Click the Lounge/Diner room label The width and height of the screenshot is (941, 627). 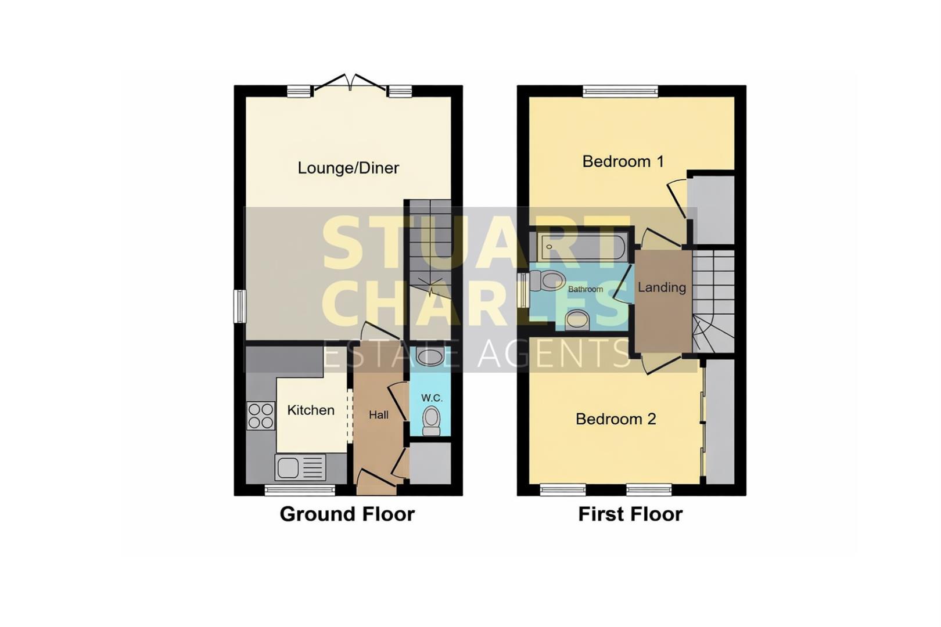[x=348, y=168]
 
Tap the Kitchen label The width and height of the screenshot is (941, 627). [x=311, y=410]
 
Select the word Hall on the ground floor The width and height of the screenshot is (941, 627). [x=379, y=415]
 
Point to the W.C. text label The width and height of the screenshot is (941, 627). [x=432, y=398]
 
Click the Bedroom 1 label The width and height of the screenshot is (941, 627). [x=623, y=161]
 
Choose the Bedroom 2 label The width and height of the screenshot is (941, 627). [x=616, y=419]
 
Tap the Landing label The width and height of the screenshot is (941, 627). [x=662, y=287]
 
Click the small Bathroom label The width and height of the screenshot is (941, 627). [x=585, y=289]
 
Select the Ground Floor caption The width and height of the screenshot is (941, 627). [x=347, y=514]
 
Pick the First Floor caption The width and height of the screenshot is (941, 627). [x=630, y=514]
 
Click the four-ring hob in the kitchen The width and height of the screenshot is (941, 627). [x=261, y=416]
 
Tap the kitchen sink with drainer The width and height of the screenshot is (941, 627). [x=300, y=467]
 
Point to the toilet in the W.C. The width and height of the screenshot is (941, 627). [x=431, y=420]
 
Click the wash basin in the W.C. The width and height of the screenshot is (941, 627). [x=430, y=356]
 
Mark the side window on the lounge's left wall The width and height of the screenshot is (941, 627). [x=239, y=306]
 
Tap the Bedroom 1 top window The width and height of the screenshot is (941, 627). [x=620, y=91]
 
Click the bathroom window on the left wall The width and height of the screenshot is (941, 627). [x=523, y=290]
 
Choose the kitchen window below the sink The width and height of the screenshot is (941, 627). [x=300, y=491]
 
